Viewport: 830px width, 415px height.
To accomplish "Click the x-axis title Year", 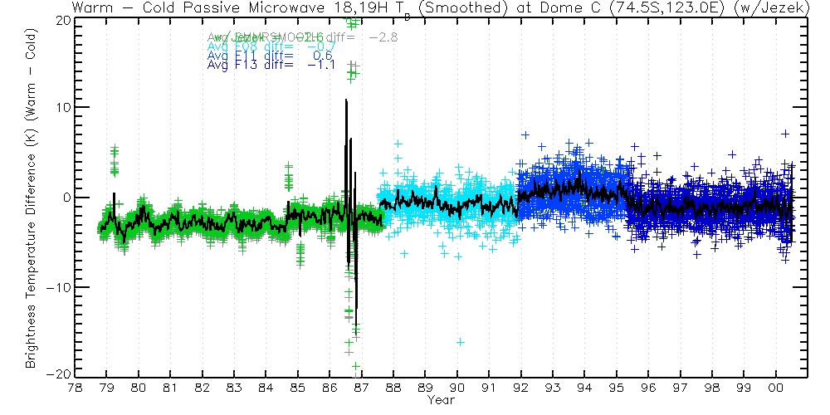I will pyautogui.click(x=440, y=399).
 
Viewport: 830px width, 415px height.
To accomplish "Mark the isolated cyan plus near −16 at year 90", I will pyautogui.click(x=460, y=342).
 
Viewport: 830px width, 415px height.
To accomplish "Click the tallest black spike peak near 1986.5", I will pyautogui.click(x=346, y=101).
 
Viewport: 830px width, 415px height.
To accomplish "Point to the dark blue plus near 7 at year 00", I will pyautogui.click(x=784, y=134).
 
